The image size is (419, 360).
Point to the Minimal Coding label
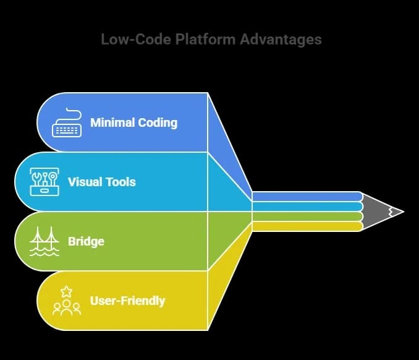click(x=133, y=122)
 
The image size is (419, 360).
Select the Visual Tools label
click(x=101, y=182)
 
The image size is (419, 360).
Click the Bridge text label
click(x=86, y=241)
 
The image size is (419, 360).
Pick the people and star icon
click(x=67, y=301)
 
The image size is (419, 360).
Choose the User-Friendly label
click(x=127, y=301)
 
